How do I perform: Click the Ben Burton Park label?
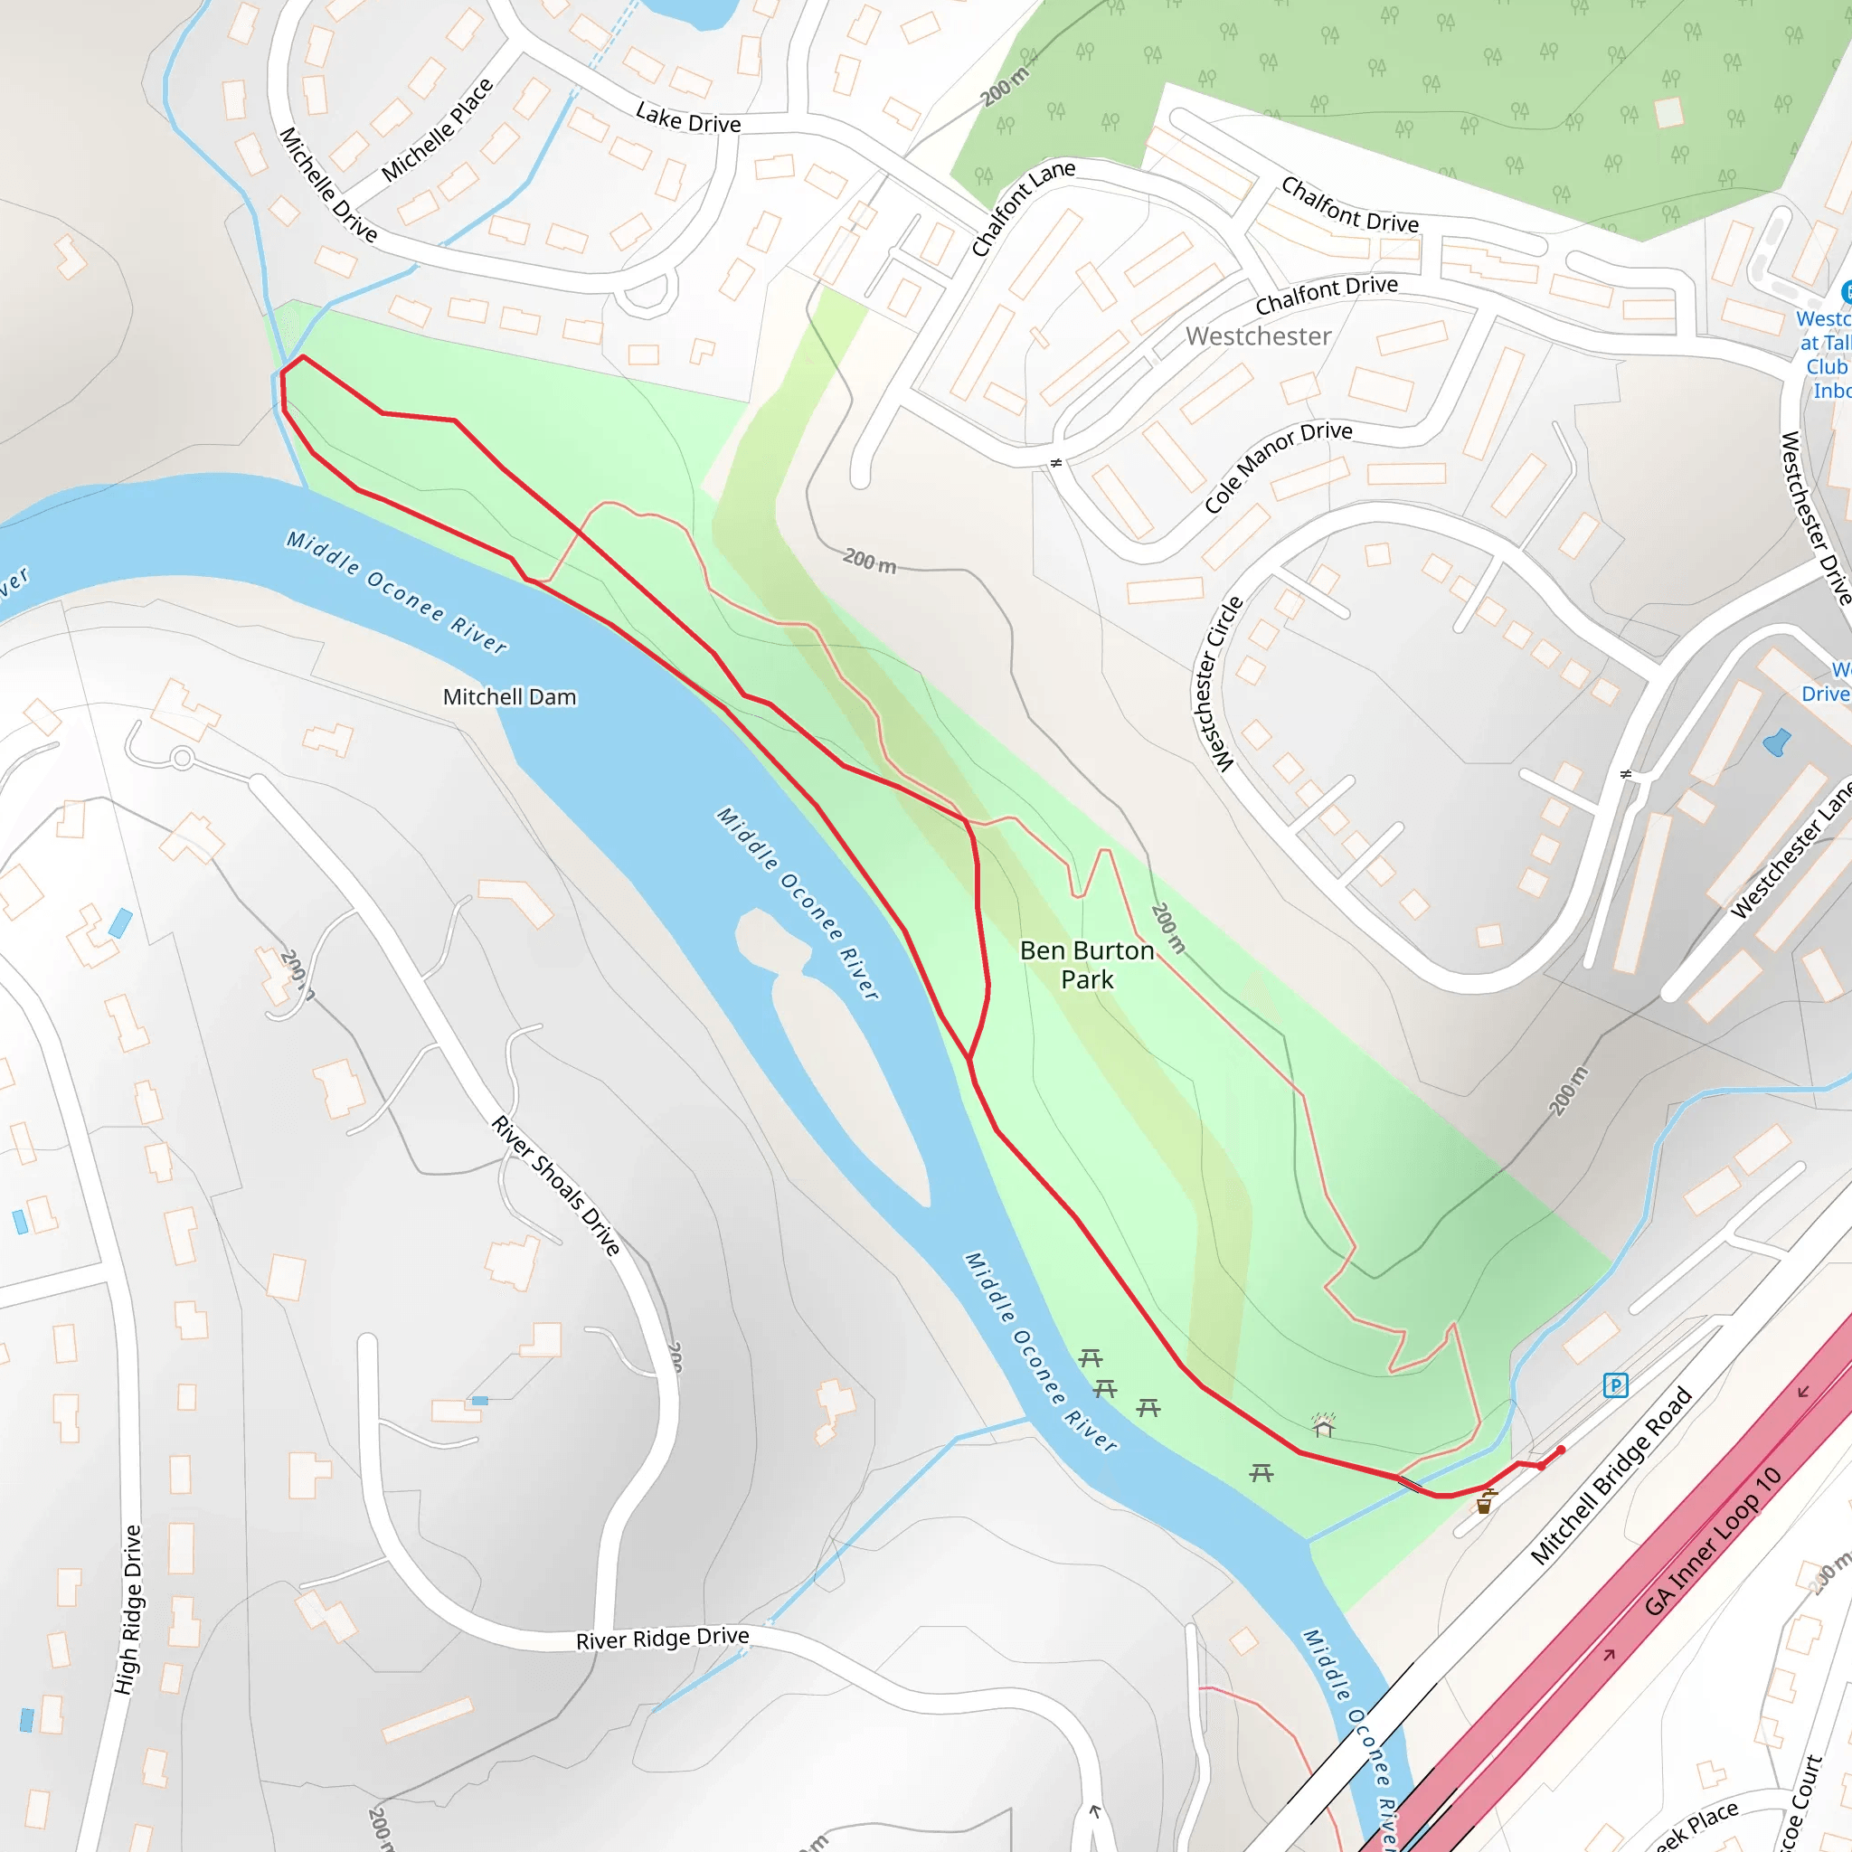[1086, 964]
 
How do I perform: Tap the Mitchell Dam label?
[509, 697]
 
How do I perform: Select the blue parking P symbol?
[1615, 1384]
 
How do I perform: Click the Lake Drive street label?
[687, 118]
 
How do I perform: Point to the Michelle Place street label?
[437, 129]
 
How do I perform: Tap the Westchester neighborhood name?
[1258, 335]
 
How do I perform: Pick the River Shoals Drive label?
[556, 1185]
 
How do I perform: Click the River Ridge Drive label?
[662, 1639]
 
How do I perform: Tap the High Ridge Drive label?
[128, 1610]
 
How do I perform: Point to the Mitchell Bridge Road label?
[1611, 1475]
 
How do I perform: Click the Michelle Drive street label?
[328, 184]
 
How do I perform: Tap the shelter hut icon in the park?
[1324, 1426]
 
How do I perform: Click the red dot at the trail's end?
[1561, 1450]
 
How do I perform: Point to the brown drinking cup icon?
[1484, 1503]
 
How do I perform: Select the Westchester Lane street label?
[1789, 852]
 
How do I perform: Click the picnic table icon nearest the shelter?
[1261, 1472]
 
